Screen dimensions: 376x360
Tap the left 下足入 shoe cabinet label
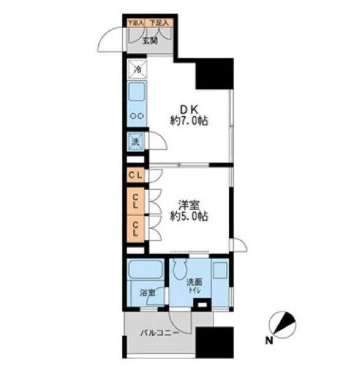135,23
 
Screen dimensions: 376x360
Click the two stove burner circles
137,116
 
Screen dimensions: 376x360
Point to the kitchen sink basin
137,93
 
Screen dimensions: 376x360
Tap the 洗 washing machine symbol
135,142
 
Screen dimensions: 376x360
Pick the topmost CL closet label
135,175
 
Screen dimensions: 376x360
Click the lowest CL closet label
135,227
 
